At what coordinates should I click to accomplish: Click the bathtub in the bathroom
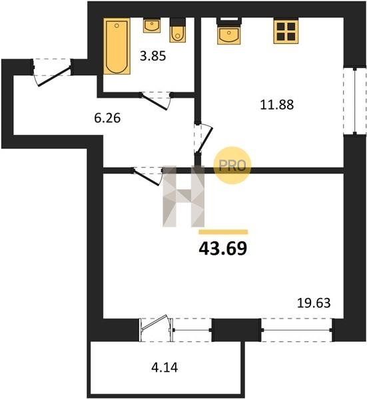pos(117,46)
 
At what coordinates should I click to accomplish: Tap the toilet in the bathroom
pos(178,30)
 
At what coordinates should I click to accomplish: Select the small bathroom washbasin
pos(152,25)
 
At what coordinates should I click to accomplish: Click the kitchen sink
pos(229,31)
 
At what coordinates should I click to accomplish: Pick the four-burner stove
pos(286,31)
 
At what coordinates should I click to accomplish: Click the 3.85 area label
pos(153,56)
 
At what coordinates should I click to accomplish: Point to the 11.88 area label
pos(277,104)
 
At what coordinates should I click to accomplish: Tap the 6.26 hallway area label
pos(107,118)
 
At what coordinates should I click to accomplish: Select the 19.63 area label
pos(314,303)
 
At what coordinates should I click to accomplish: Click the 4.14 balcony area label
pos(165,368)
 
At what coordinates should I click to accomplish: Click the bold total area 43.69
pos(223,248)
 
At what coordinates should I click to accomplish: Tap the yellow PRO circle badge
pos(232,166)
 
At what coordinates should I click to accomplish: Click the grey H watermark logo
pos(184,196)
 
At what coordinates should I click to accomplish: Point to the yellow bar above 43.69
pos(223,232)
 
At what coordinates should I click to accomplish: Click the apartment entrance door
pos(52,72)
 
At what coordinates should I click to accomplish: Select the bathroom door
pos(156,101)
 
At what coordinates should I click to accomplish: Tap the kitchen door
pos(203,138)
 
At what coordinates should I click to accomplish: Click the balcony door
pos(156,329)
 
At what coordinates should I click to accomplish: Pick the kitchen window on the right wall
pos(355,100)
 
